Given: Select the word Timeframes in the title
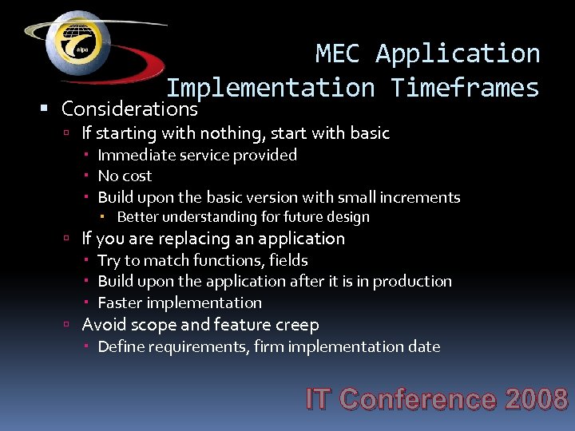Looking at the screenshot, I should pos(465,87).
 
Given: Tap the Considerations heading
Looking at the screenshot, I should pos(129,108).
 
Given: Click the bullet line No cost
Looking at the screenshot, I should pos(125,176).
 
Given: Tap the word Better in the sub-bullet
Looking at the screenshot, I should pos(138,217).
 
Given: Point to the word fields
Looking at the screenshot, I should pos(288,260).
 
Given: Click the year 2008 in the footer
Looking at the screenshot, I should pos(537,399).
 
